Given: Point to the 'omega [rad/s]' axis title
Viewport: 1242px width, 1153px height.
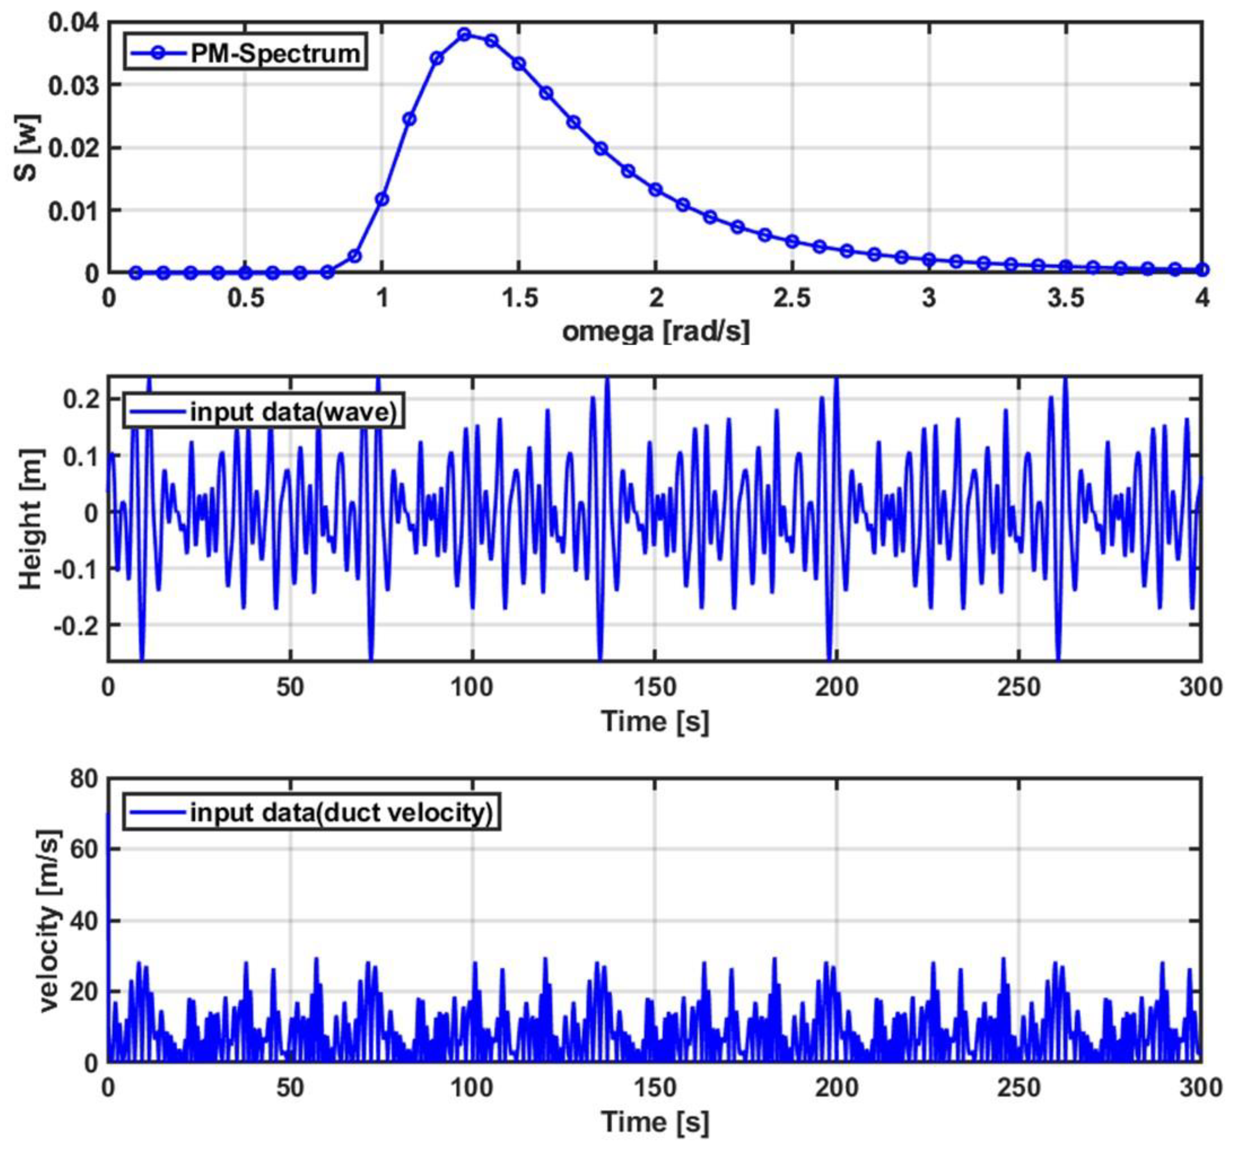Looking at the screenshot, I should (655, 331).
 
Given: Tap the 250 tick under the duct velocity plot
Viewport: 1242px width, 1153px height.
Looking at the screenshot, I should (1019, 1087).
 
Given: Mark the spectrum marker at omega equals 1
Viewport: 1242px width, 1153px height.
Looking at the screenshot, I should (382, 199).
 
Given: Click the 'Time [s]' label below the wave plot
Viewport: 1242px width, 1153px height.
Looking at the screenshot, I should (655, 722).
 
